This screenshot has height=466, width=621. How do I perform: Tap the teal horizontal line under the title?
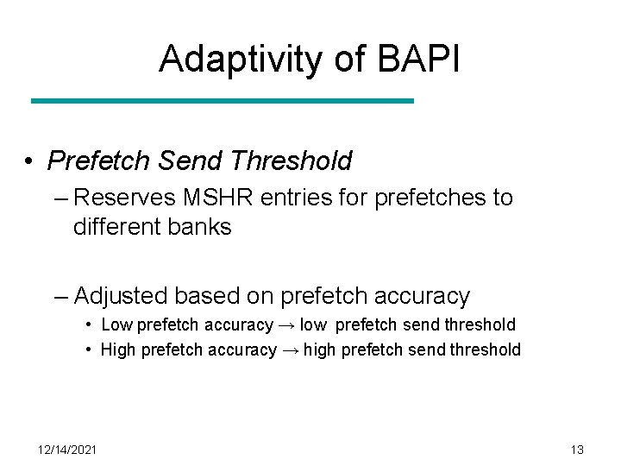pyautogui.click(x=223, y=101)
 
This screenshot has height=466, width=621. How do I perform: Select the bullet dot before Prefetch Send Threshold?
pyautogui.click(x=29, y=161)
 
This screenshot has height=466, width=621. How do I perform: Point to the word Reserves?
pyautogui.click(x=125, y=198)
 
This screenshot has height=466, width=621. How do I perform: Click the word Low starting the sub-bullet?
pyautogui.click(x=116, y=325)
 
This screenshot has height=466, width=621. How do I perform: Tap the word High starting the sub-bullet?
pyautogui.click(x=118, y=349)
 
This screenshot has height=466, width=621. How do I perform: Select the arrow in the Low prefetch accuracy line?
pyautogui.click(x=286, y=325)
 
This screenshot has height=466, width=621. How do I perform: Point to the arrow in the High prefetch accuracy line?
pyautogui.click(x=291, y=349)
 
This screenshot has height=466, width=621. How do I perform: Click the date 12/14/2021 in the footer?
pyautogui.click(x=67, y=450)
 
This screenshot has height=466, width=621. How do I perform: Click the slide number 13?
pyautogui.click(x=577, y=450)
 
